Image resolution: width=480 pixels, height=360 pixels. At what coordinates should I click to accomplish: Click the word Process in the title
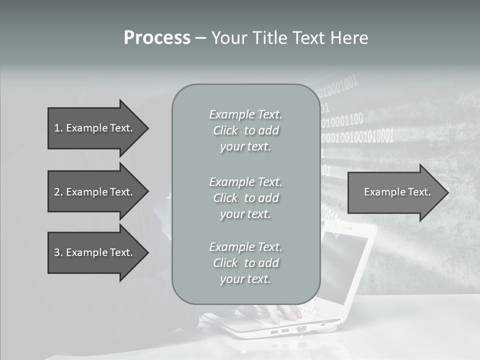point(157,38)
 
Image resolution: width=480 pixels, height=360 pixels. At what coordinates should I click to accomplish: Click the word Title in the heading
point(269,38)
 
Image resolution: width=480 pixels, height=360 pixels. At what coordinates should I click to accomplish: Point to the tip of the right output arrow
point(447,192)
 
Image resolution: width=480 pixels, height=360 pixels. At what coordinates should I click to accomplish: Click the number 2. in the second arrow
point(58,192)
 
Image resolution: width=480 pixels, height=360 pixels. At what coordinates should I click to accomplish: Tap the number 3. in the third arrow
point(58,252)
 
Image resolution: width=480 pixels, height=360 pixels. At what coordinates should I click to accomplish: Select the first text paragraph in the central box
point(245,130)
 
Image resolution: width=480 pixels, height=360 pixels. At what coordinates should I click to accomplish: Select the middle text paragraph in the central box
point(245,198)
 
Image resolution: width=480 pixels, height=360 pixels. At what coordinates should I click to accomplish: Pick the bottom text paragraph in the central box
point(245,263)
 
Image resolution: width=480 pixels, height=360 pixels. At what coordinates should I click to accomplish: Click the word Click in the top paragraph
point(225,130)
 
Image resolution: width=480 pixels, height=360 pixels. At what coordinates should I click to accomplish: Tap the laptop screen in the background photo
point(345,265)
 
